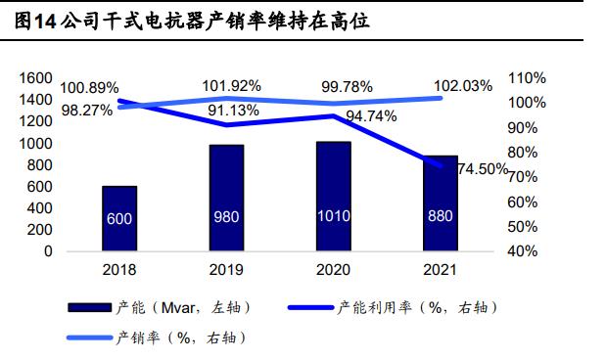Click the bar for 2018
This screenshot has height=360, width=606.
coord(119,218)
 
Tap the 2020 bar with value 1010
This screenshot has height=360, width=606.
coord(333,196)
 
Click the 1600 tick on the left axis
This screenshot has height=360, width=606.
coord(35,78)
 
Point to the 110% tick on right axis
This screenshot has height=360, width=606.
coord(528,78)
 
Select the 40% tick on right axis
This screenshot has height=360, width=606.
coord(526,251)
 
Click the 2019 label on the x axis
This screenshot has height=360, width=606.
coord(226,269)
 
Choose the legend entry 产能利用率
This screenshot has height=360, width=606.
coord(392,308)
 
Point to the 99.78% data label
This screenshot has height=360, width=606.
coord(347,86)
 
